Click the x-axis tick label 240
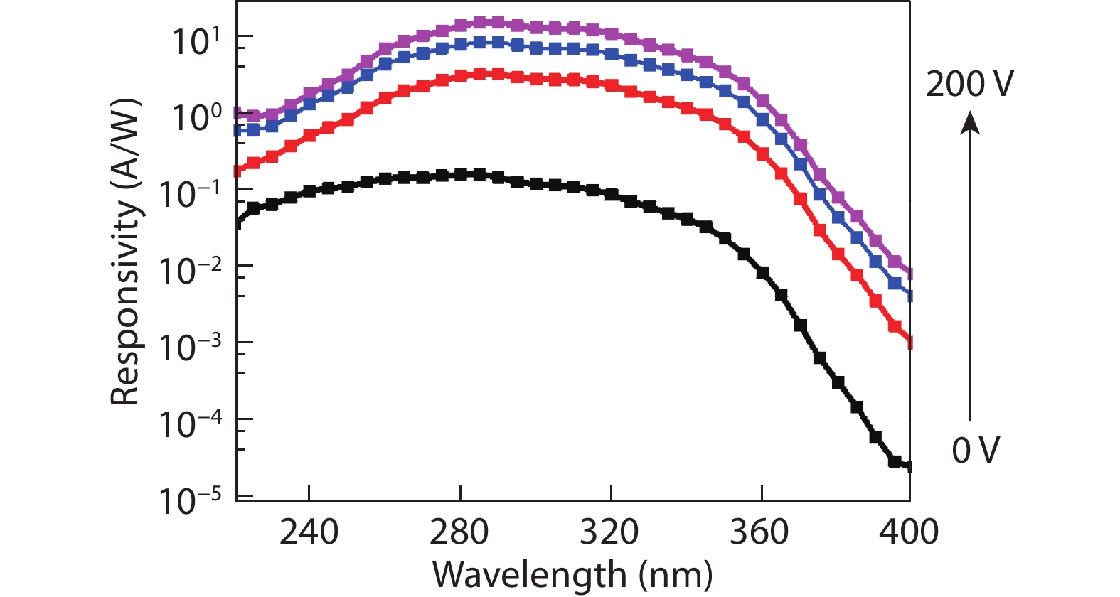tap(309, 532)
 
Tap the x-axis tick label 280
tap(459, 532)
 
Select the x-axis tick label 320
tap(609, 532)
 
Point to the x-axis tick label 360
tap(759, 532)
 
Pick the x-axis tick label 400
tap(909, 532)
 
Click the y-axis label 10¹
tap(197, 41)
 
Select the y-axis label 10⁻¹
tap(189, 194)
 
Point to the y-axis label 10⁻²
tap(189, 271)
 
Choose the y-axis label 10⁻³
tap(189, 348)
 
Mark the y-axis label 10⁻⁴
tap(189, 424)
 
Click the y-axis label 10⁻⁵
tap(189, 501)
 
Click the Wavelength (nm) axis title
tap(572, 574)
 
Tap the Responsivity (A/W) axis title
tap(126, 252)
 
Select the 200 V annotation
tap(969, 84)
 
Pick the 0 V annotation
tap(976, 450)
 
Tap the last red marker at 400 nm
tap(909, 343)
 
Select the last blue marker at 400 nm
tap(909, 296)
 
